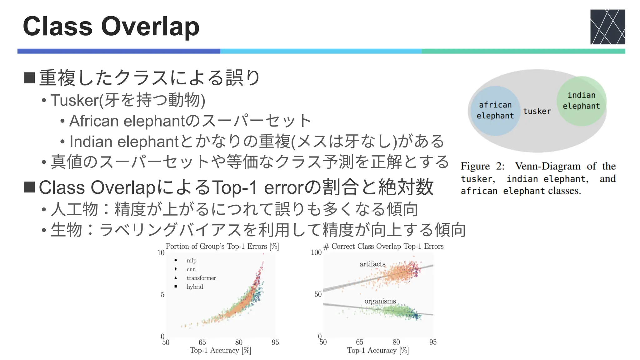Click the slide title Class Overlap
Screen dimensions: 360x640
pyautogui.click(x=111, y=27)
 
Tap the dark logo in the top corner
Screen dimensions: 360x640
pyautogui.click(x=607, y=27)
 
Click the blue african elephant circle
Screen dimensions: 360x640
pyautogui.click(x=495, y=111)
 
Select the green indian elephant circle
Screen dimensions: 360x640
pyautogui.click(x=581, y=101)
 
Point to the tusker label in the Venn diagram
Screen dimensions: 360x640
pyautogui.click(x=537, y=111)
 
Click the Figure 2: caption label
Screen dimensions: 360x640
pyautogui.click(x=482, y=166)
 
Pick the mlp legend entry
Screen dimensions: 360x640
pyautogui.click(x=191, y=260)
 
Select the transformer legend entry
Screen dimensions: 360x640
pyautogui.click(x=201, y=278)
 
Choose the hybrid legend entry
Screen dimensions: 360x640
pyautogui.click(x=195, y=287)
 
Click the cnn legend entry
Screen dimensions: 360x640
pyautogui.click(x=191, y=269)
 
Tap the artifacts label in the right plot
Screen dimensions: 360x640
pyautogui.click(x=372, y=264)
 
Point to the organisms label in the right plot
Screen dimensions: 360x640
pyautogui.click(x=380, y=301)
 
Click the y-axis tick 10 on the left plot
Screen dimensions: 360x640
pyautogui.click(x=161, y=252)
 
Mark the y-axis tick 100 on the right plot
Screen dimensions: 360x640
pyautogui.click(x=316, y=252)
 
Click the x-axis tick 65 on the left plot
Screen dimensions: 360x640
pyautogui.click(x=202, y=342)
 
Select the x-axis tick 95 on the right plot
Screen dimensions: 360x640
pyautogui.click(x=432, y=342)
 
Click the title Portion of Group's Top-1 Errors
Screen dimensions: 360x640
pyautogui.click(x=222, y=246)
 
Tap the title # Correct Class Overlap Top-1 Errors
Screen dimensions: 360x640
pyautogui.click(x=383, y=246)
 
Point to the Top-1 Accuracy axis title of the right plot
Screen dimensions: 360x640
pyautogui.click(x=377, y=350)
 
